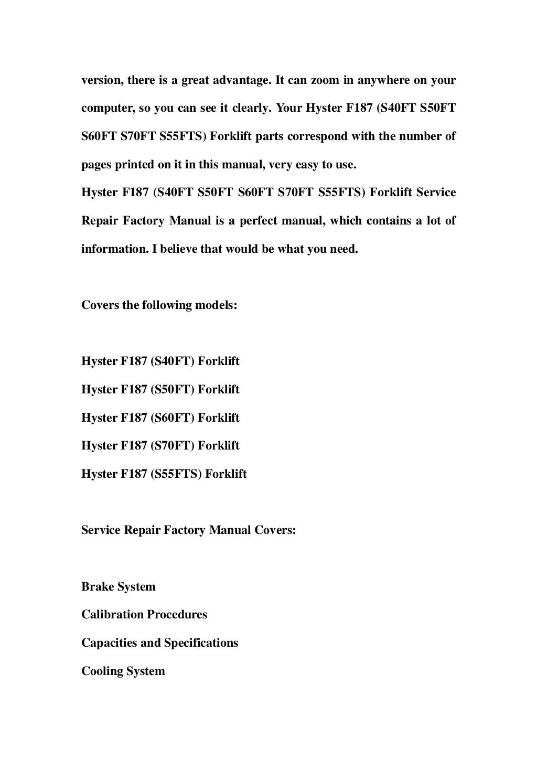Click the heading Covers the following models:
pyautogui.click(x=159, y=305)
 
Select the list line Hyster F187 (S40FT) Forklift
pyautogui.click(x=160, y=361)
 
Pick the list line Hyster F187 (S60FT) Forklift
pyautogui.click(x=160, y=418)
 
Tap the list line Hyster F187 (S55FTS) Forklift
pyautogui.click(x=164, y=474)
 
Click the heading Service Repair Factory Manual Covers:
pyautogui.click(x=189, y=530)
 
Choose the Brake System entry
pyautogui.click(x=119, y=587)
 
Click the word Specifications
pyautogui.click(x=201, y=643)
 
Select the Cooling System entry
pyautogui.click(x=123, y=671)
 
